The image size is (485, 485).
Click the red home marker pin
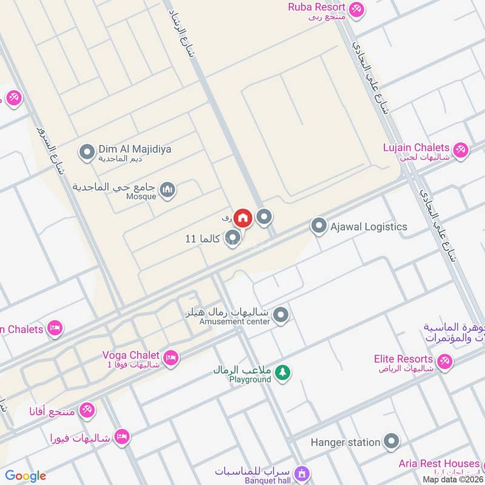(x=243, y=218)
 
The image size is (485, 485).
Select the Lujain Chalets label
(x=416, y=148)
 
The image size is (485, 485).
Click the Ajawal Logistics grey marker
(x=318, y=227)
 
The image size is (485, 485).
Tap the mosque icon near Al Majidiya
(x=169, y=190)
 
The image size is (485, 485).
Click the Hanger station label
(x=345, y=442)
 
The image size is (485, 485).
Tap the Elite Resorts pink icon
(x=445, y=363)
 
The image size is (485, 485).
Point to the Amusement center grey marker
(x=280, y=315)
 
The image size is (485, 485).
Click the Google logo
(x=25, y=476)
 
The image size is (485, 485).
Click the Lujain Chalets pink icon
(x=461, y=150)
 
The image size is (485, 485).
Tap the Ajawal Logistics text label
(x=368, y=227)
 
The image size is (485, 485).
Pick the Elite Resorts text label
(x=404, y=359)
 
